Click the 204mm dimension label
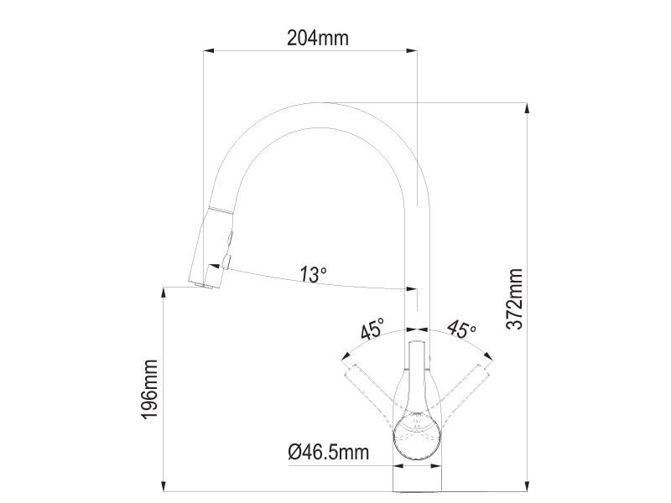pos(318,38)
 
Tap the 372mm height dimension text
pos(514,299)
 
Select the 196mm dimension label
pos(150,389)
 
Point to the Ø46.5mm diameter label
pos(329,452)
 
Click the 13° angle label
pos(313,274)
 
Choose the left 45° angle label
pos(372,329)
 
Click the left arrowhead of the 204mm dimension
pos(208,51)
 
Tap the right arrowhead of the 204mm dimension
pos(412,51)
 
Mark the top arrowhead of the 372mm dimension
pos(528,108)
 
